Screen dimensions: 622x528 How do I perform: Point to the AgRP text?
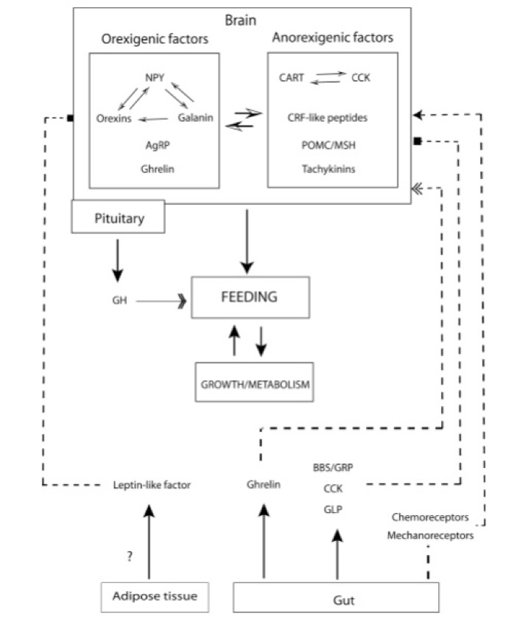[x=156, y=146]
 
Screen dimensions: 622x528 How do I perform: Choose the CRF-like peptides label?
[x=328, y=116]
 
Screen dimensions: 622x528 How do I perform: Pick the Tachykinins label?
[x=327, y=170]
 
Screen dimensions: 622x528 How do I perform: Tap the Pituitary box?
[x=118, y=218]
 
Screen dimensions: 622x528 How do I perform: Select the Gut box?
[x=336, y=599]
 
